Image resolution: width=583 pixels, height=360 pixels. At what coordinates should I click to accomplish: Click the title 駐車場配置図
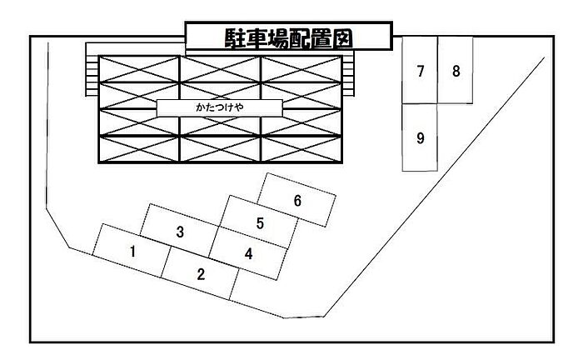tap(287, 37)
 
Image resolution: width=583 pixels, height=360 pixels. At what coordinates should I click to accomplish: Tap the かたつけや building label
tap(220, 108)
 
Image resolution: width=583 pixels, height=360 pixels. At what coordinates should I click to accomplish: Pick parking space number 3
tap(179, 232)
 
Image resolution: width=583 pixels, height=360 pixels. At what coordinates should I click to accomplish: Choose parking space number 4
tap(248, 254)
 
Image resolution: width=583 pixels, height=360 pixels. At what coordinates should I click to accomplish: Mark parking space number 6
tap(297, 201)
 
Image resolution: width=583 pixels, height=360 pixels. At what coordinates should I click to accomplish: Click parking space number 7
tap(421, 71)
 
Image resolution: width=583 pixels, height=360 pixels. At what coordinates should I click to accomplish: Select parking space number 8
tap(456, 71)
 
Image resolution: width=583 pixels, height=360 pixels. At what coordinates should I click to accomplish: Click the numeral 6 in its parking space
tap(297, 201)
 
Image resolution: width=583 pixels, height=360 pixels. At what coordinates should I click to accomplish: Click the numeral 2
tap(200, 273)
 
